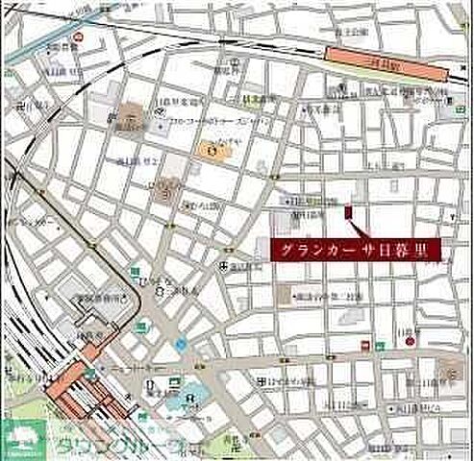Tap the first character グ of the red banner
click(x=287, y=251)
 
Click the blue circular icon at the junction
click(x=180, y=344)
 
